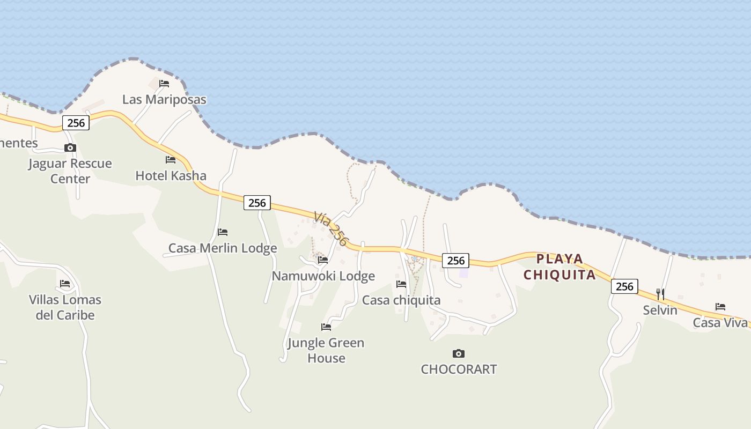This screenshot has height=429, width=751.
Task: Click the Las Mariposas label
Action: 164,99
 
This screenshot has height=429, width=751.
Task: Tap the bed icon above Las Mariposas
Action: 164,84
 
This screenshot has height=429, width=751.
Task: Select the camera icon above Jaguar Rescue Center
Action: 70,148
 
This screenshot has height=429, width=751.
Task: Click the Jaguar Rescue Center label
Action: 70,171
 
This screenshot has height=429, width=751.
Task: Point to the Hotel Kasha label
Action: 171,175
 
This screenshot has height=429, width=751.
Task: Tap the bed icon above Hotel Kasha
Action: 171,160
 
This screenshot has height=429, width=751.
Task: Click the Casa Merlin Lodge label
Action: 223,248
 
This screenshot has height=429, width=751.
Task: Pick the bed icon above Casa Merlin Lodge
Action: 223,232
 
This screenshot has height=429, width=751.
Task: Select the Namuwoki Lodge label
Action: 323,276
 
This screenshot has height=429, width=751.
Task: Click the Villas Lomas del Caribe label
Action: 65,307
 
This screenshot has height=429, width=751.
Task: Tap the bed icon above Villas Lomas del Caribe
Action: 65,284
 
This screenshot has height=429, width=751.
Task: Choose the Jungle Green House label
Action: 326,350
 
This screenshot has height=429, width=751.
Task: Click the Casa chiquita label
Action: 401,300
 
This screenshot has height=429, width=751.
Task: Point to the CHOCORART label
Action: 459,369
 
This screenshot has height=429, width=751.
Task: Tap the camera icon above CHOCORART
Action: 458,353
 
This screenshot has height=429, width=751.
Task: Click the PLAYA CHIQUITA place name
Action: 560,267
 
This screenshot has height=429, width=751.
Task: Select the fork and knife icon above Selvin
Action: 660,294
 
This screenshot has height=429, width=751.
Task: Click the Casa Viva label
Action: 720,322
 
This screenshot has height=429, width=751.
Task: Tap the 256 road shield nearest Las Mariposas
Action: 76,123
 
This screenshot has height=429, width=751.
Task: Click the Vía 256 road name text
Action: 331,228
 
